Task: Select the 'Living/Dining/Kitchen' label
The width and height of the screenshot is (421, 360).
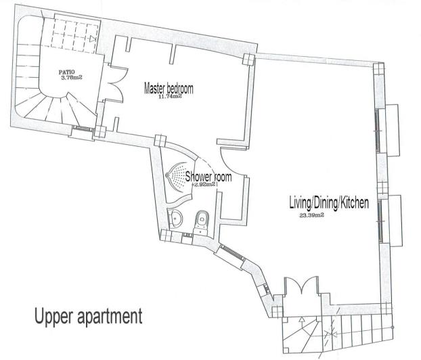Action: (328, 204)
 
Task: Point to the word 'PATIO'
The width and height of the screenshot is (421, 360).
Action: (66, 71)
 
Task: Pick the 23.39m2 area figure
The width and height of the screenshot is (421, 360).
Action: (311, 216)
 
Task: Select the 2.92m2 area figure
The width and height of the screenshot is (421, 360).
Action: (204, 184)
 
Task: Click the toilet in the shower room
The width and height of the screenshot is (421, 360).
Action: (201, 219)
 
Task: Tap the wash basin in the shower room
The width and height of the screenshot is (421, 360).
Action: (177, 218)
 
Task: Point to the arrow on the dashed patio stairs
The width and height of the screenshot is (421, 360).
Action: (91, 40)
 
